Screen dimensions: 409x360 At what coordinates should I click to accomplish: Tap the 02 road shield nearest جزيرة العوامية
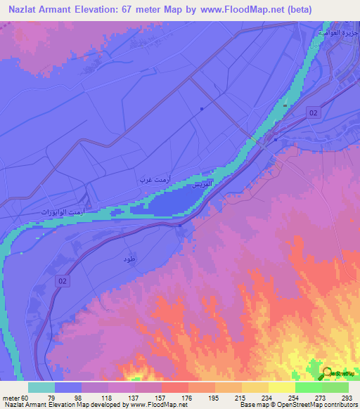click(314, 112)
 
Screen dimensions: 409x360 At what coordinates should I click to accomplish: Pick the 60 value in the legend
click(28, 397)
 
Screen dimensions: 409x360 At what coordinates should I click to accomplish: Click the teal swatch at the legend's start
click(41, 387)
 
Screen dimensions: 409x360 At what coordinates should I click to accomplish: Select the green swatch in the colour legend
click(308, 387)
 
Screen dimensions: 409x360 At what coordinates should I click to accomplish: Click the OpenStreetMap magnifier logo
click(326, 373)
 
